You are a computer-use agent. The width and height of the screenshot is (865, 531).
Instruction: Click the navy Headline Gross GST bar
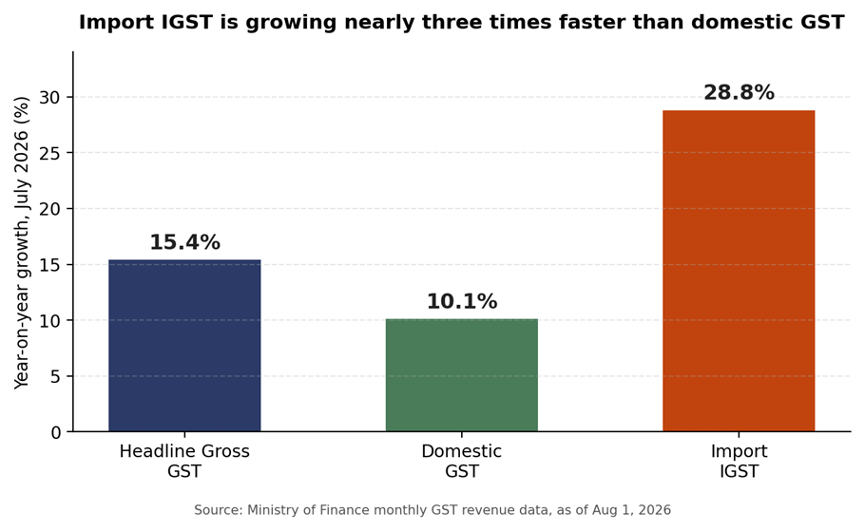click(x=184, y=345)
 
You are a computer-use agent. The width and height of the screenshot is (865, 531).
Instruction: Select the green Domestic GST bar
click(x=462, y=375)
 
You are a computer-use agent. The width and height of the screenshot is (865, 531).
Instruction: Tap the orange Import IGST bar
click(x=739, y=271)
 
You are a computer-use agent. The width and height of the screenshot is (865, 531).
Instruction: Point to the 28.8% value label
click(x=739, y=93)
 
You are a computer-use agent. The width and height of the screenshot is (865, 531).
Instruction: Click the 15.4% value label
click(x=184, y=242)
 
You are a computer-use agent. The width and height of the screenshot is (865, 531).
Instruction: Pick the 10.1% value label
click(x=462, y=302)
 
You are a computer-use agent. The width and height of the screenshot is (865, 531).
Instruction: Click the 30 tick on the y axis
click(x=49, y=98)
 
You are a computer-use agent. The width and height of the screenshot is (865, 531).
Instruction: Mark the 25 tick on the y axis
click(x=49, y=153)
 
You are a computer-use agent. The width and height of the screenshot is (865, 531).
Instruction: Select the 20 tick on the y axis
click(x=49, y=209)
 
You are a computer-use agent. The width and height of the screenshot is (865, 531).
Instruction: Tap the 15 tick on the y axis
click(x=49, y=265)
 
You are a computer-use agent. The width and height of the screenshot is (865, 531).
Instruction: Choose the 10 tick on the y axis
click(x=49, y=320)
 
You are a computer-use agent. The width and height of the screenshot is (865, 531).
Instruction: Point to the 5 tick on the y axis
click(x=54, y=376)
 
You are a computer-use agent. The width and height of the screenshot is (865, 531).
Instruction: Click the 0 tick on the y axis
click(x=54, y=432)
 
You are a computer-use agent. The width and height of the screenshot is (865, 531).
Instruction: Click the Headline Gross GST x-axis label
click(x=184, y=462)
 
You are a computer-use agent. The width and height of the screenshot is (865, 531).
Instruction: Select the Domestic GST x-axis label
click(x=462, y=462)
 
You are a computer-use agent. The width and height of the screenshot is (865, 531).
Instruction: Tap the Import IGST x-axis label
click(x=739, y=462)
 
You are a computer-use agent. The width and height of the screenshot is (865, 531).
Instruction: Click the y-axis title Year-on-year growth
click(x=22, y=242)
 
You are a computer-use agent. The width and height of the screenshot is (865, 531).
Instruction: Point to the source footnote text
click(x=432, y=510)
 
